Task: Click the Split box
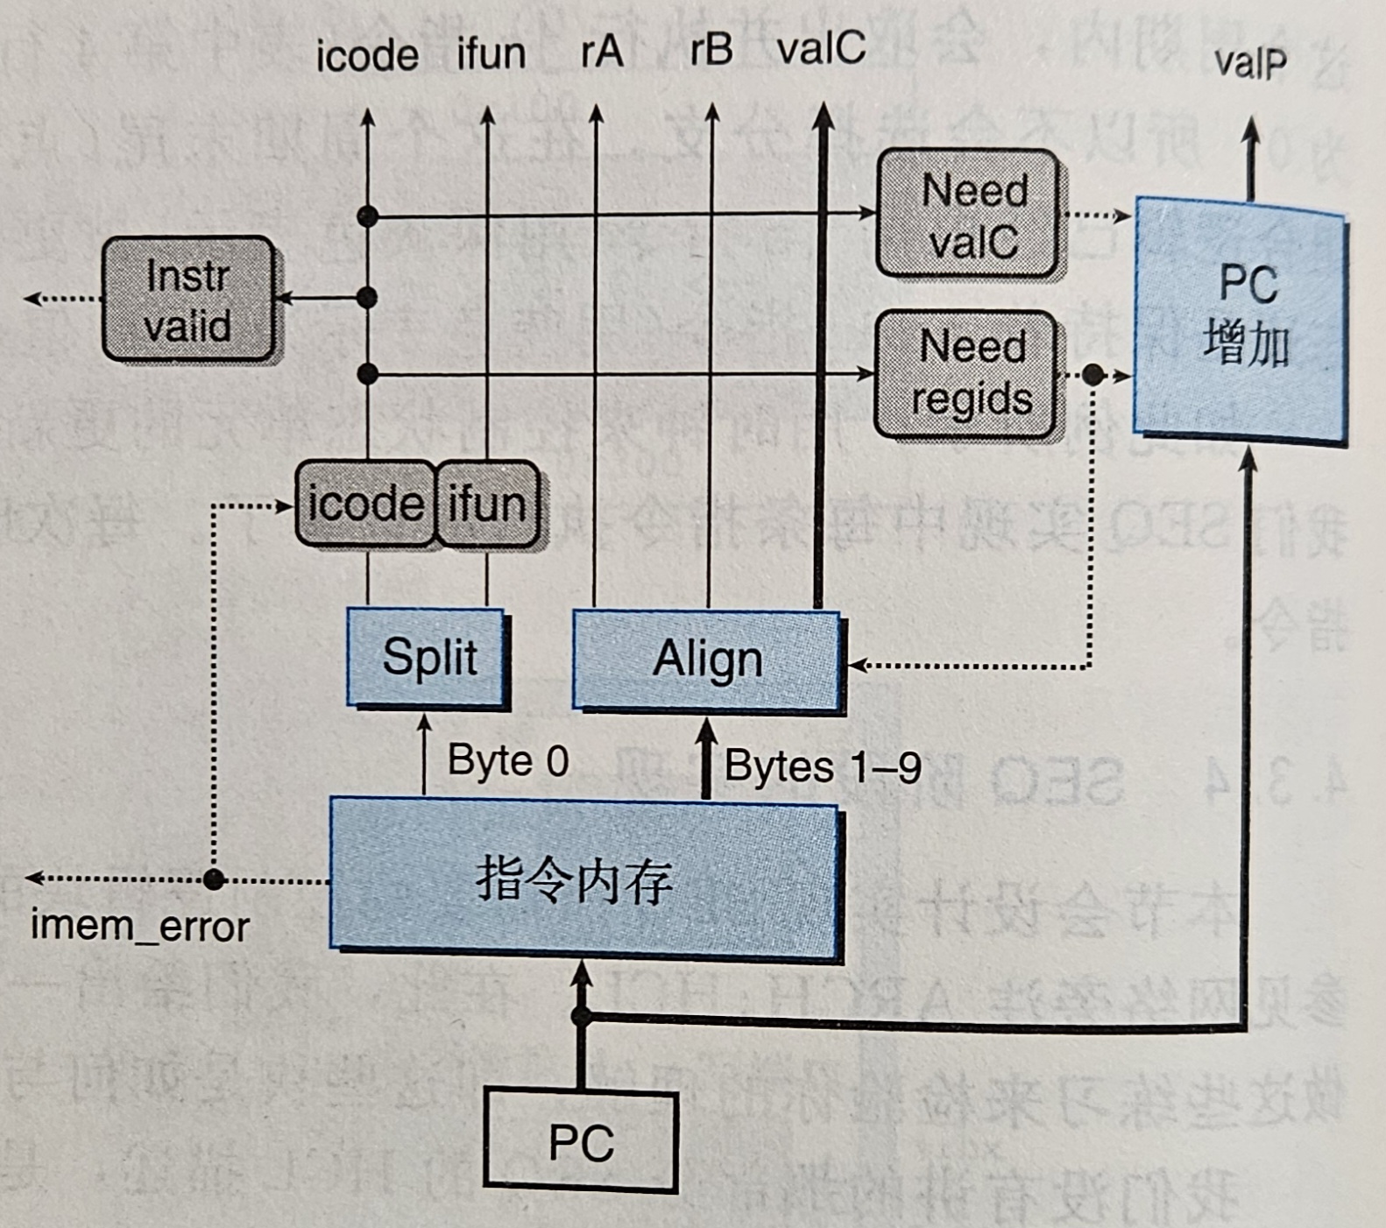tap(428, 657)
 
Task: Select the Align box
tap(707, 659)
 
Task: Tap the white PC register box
tap(581, 1140)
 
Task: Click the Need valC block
tap(967, 215)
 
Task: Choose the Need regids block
tap(967, 374)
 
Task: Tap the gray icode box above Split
tap(365, 504)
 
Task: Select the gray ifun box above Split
tap(487, 504)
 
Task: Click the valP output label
tap(1250, 63)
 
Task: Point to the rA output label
tap(602, 51)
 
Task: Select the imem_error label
tap(140, 927)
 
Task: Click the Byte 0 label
tap(508, 760)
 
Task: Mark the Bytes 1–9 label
tap(823, 767)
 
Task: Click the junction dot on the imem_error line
tap(214, 879)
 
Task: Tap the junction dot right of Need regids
tap(1093, 375)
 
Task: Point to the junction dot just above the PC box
tap(581, 1016)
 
